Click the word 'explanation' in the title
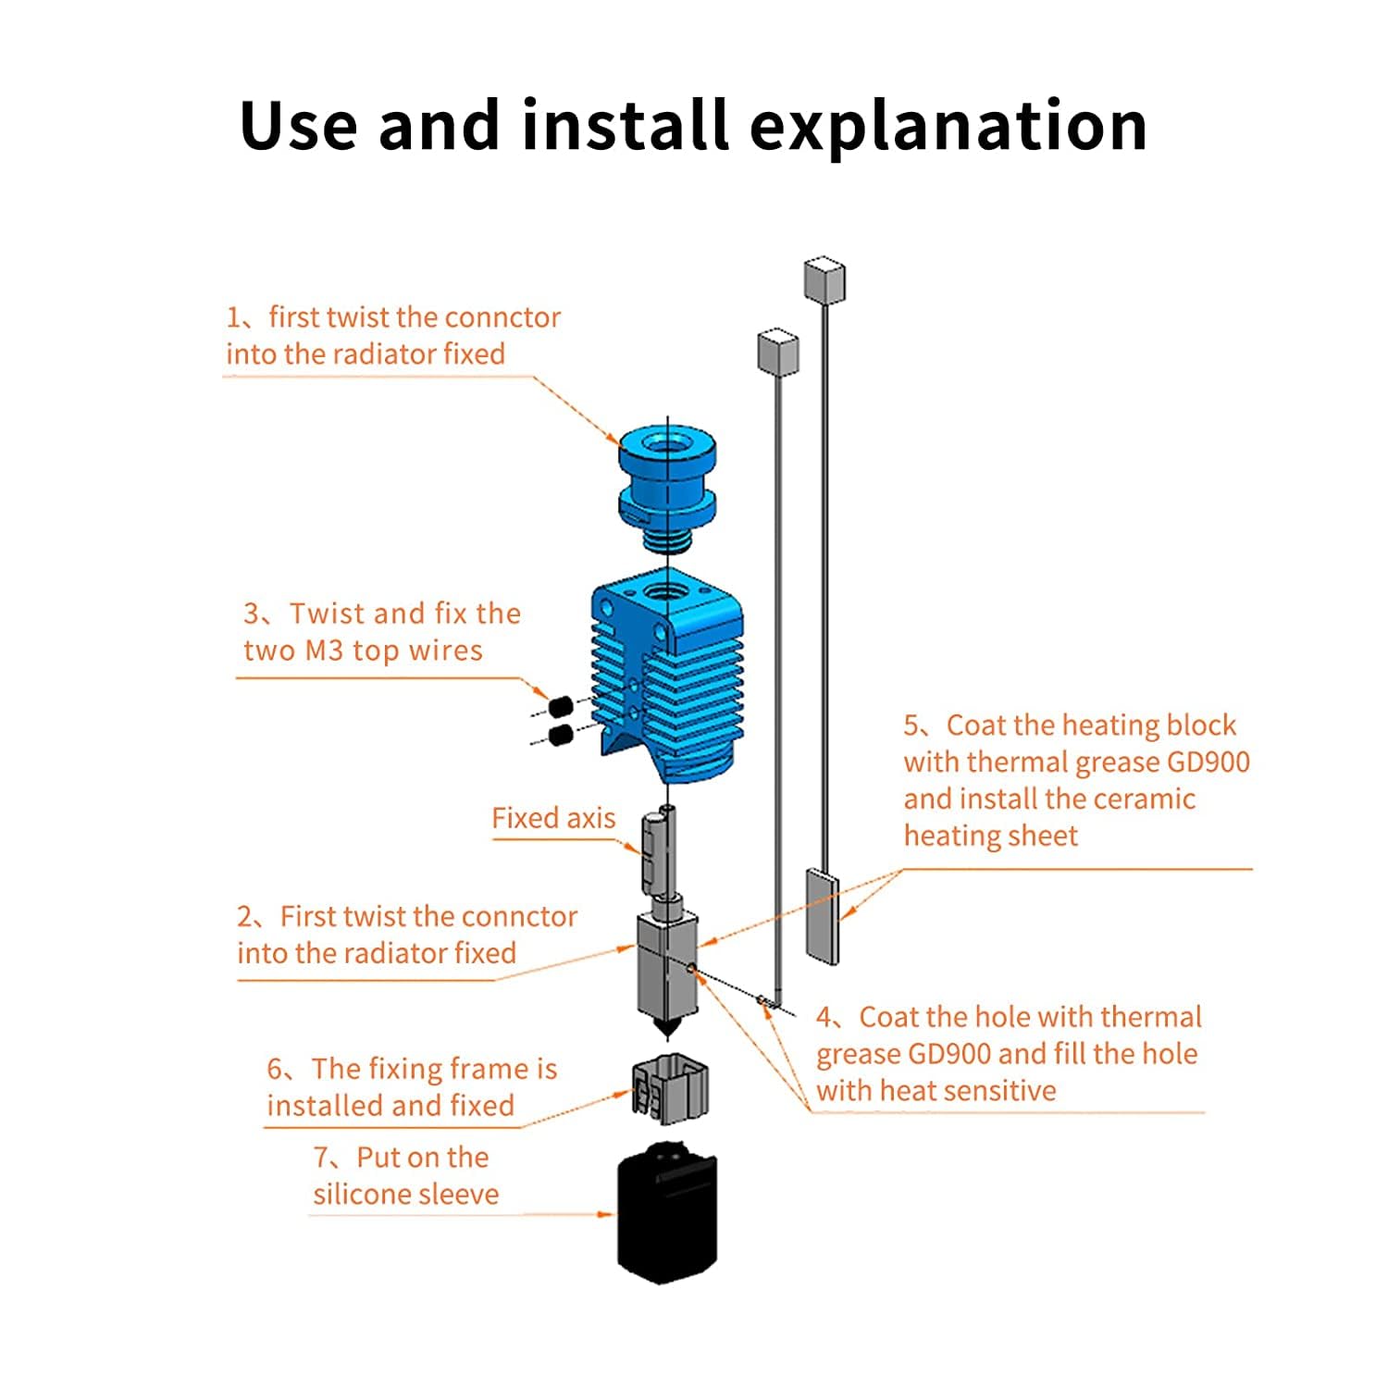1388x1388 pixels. (x=948, y=128)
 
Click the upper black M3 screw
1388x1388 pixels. (x=558, y=707)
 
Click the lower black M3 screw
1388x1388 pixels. (x=559, y=736)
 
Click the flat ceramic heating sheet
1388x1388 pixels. (x=822, y=915)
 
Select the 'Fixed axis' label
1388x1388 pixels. (x=553, y=818)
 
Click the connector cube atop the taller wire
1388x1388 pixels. (x=824, y=280)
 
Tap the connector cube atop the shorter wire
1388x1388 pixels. (x=778, y=351)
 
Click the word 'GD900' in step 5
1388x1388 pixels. (x=1208, y=762)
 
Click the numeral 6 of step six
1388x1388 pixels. (x=276, y=1070)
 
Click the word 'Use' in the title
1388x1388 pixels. (x=298, y=128)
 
